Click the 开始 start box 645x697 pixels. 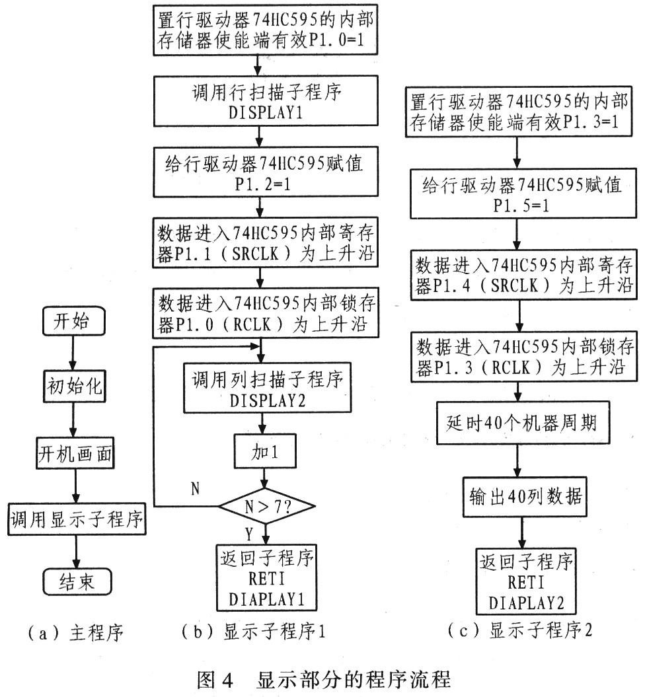coord(73,320)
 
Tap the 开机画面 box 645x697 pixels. coord(75,453)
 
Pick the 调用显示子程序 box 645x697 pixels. coord(77,519)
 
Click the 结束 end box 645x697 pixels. coord(77,581)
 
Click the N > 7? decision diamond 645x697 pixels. coord(267,506)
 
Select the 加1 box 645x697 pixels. coord(264,451)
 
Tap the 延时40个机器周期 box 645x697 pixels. coord(523,423)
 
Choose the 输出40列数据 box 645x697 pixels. coord(525,497)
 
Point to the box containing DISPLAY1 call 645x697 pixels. coord(266,101)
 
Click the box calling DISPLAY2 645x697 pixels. coord(267,388)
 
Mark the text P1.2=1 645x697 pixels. coord(263,184)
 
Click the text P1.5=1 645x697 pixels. coord(521,205)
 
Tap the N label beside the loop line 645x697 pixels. coord(196,489)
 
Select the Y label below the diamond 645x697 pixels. coord(249,533)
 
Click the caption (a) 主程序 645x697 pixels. coord(75,632)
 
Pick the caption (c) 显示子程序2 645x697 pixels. coord(520,630)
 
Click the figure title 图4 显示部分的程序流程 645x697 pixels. coord(324,680)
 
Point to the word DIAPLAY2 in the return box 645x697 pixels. coord(526,603)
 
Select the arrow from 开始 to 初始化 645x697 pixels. coord(73,353)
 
